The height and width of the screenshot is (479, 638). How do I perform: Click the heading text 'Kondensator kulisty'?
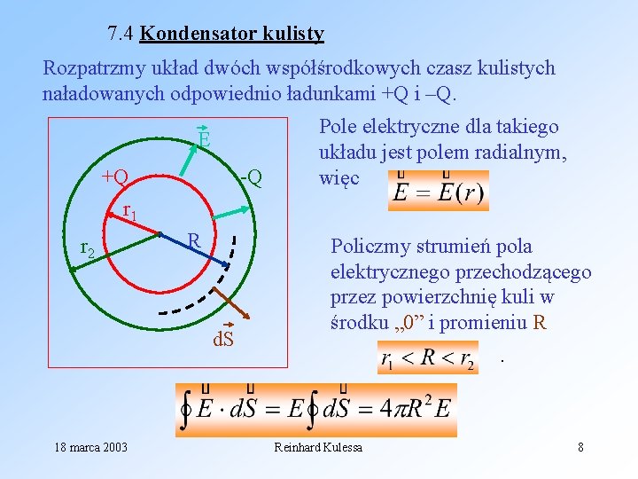pos(232,35)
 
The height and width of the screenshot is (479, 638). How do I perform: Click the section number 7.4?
pos(121,35)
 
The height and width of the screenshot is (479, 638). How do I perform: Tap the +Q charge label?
pos(115,176)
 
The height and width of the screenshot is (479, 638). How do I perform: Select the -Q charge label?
pos(252,177)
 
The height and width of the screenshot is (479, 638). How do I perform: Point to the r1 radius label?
pos(129,211)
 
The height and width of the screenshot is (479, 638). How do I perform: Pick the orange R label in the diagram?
pos(194,240)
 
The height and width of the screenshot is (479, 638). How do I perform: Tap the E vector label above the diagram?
pos(204,139)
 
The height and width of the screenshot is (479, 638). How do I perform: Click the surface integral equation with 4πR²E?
pos(316,410)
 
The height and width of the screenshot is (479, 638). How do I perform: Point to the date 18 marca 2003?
pos(89,447)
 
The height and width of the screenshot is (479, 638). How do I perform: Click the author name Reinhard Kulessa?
pos(318,447)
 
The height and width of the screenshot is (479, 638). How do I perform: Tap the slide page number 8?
pos(580,447)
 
